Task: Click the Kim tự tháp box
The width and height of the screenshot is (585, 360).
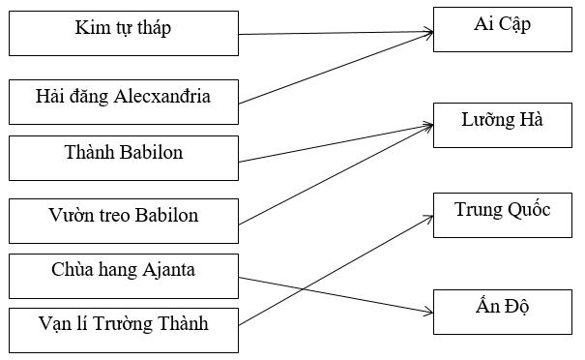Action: (123, 33)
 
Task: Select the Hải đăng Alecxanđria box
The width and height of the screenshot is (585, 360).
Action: (123, 102)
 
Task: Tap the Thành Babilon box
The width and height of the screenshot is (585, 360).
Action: (123, 157)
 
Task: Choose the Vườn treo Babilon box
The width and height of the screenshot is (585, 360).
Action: (123, 221)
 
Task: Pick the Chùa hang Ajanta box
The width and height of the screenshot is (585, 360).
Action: (123, 275)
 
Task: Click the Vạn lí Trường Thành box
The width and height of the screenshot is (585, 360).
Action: (123, 329)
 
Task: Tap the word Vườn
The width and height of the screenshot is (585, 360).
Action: (69, 215)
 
